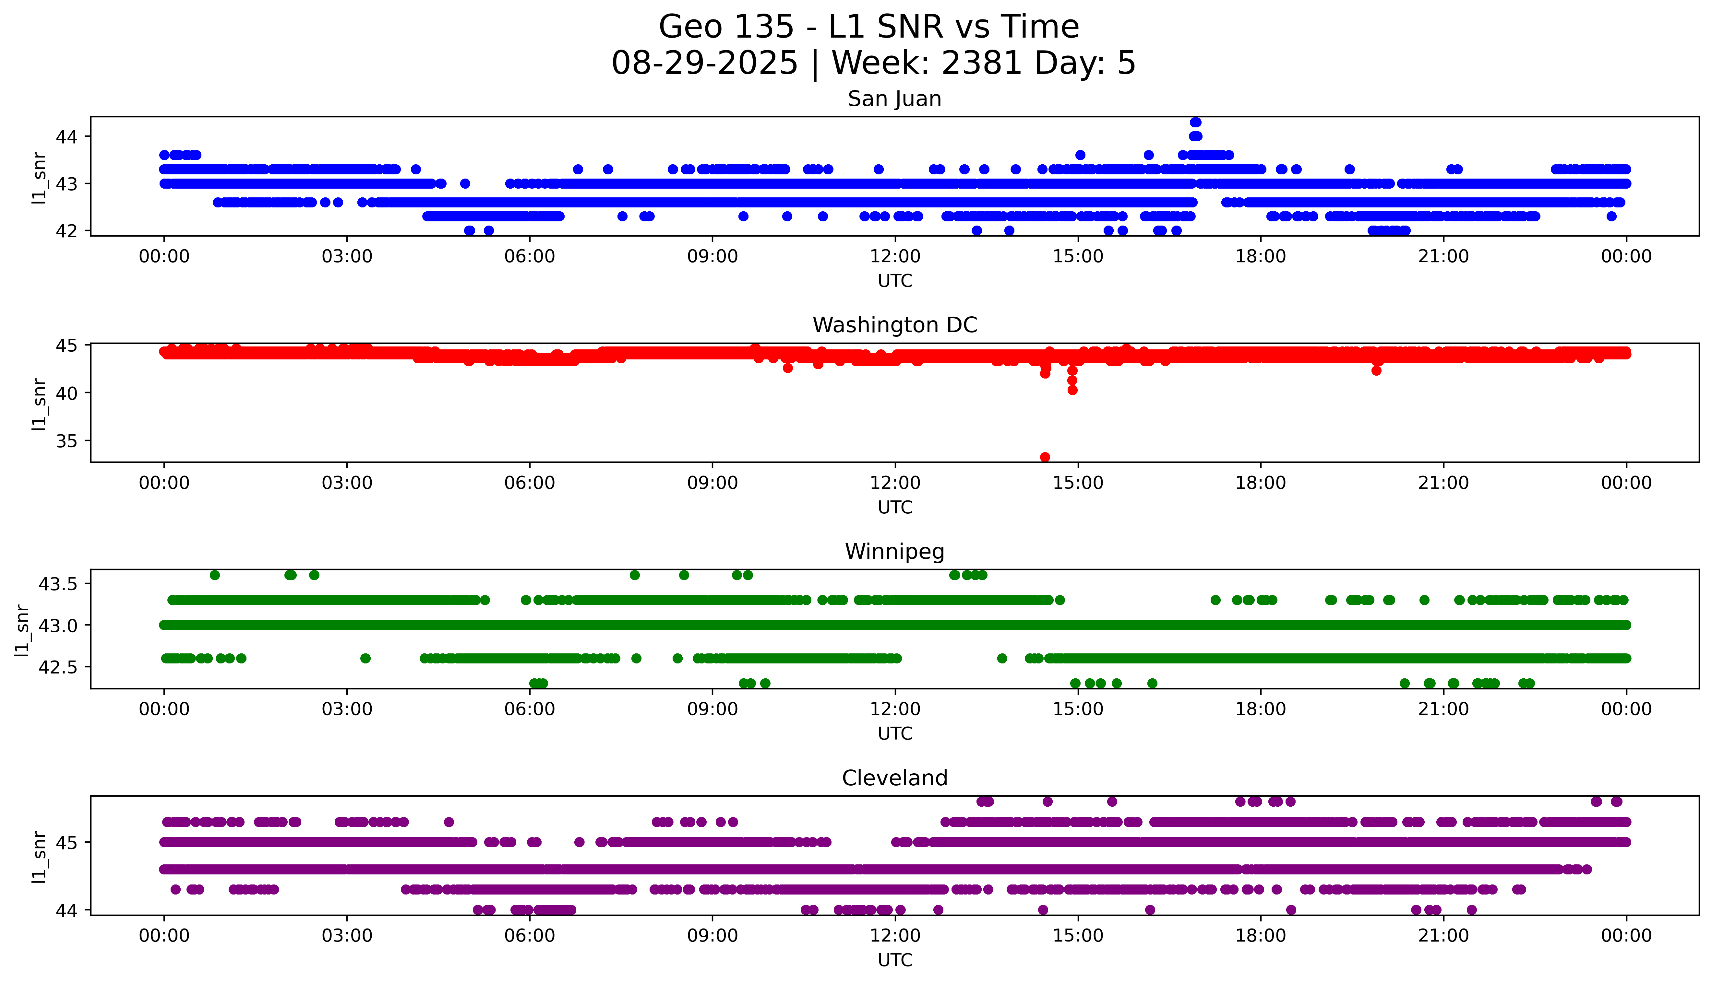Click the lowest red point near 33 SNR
1045,457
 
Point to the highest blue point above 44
1195,122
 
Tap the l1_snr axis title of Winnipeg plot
22,630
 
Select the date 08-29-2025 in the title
704,64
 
